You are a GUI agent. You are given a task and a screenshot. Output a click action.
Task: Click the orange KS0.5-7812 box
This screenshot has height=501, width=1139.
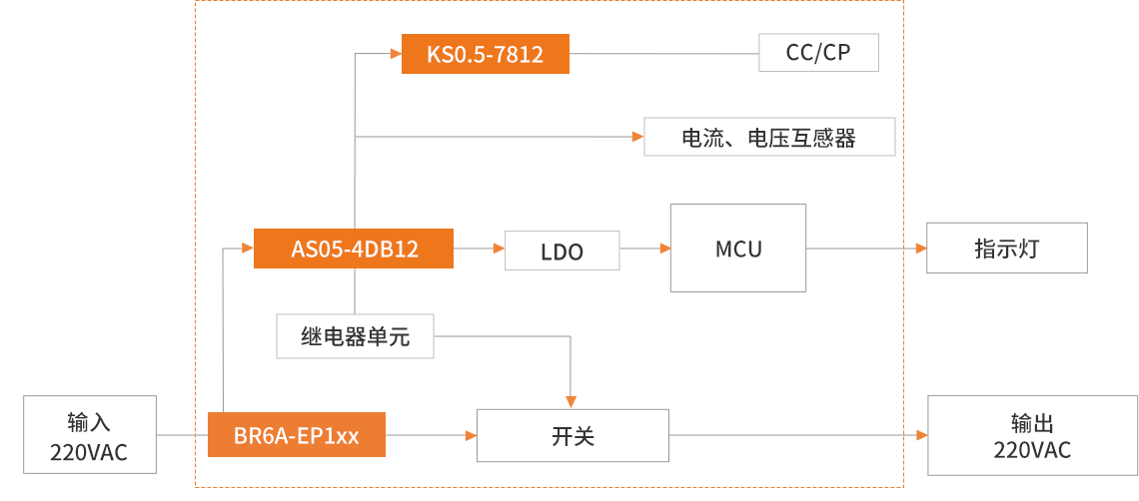pyautogui.click(x=485, y=54)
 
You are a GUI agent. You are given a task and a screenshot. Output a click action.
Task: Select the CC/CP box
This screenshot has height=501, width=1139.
pyautogui.click(x=818, y=53)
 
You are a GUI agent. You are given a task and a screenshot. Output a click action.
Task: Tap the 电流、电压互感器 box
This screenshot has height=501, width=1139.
pyautogui.click(x=768, y=137)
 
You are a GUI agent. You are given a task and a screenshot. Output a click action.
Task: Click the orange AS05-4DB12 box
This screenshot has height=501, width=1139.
pyautogui.click(x=354, y=249)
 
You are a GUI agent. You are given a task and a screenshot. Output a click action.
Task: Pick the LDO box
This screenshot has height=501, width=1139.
pyautogui.click(x=562, y=250)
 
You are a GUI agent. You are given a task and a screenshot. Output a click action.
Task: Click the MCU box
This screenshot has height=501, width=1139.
pyautogui.click(x=737, y=249)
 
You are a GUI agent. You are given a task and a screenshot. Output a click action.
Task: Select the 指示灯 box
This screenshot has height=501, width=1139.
pyautogui.click(x=1006, y=249)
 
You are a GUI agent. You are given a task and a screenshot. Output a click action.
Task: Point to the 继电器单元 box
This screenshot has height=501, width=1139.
pyautogui.click(x=355, y=336)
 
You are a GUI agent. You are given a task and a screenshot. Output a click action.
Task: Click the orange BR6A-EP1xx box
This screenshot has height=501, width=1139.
pyautogui.click(x=296, y=435)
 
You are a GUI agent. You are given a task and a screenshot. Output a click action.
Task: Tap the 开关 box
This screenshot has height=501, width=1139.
pyautogui.click(x=571, y=435)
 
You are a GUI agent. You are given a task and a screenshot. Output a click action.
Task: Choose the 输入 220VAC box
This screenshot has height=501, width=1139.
pyautogui.click(x=90, y=435)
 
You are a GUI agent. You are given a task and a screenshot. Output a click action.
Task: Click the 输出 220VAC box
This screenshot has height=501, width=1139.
pyautogui.click(x=1032, y=435)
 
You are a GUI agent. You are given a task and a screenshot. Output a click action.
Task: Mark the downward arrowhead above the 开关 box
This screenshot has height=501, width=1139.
pyautogui.click(x=570, y=401)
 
